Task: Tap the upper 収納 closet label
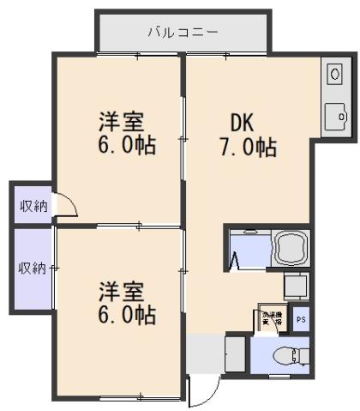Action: [33, 206]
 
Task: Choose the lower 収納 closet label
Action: [33, 269]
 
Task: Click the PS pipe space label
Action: [300, 319]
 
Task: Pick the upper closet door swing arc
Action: [67, 206]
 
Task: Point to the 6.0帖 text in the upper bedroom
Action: [126, 146]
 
